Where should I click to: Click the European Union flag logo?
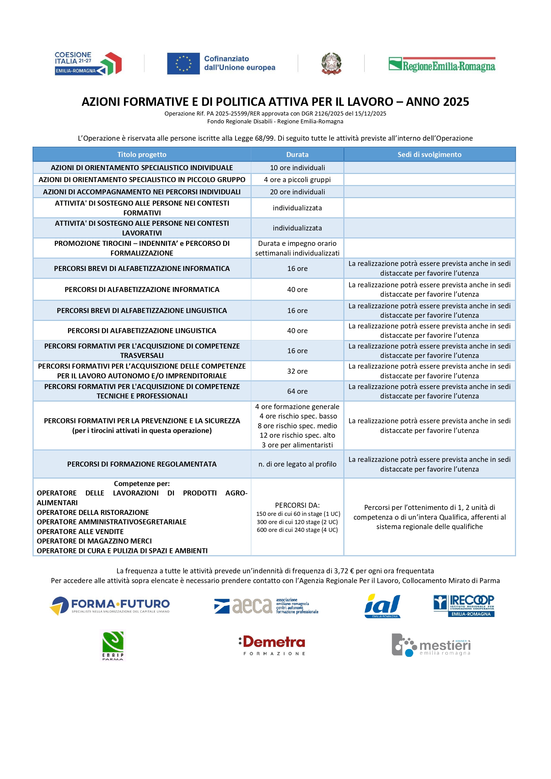pyautogui.click(x=183, y=63)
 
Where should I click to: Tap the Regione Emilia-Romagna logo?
pyautogui.click(x=442, y=64)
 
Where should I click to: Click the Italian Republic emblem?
pyautogui.click(x=331, y=63)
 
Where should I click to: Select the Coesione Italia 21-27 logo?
pyautogui.click(x=88, y=63)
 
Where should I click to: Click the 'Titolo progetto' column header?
pyautogui.click(x=142, y=154)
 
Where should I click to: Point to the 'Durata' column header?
pyautogui.click(x=297, y=154)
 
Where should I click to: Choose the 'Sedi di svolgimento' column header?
pyautogui.click(x=429, y=154)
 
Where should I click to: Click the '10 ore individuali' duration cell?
pyautogui.click(x=297, y=168)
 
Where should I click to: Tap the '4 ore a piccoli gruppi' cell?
pyautogui.click(x=297, y=180)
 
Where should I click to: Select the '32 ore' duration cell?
pyautogui.click(x=297, y=371)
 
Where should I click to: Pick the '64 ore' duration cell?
pyautogui.click(x=297, y=391)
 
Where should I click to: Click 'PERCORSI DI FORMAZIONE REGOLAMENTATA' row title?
pyautogui.click(x=142, y=464)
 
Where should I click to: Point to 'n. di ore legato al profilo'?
pyautogui.click(x=297, y=464)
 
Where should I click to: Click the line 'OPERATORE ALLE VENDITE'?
pyautogui.click(x=80, y=532)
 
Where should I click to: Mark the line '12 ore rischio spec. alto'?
pyautogui.click(x=297, y=435)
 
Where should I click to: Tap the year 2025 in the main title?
pyautogui.click(x=454, y=102)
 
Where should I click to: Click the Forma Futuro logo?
pyautogui.click(x=110, y=606)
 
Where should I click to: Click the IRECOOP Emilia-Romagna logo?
pyautogui.click(x=463, y=606)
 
